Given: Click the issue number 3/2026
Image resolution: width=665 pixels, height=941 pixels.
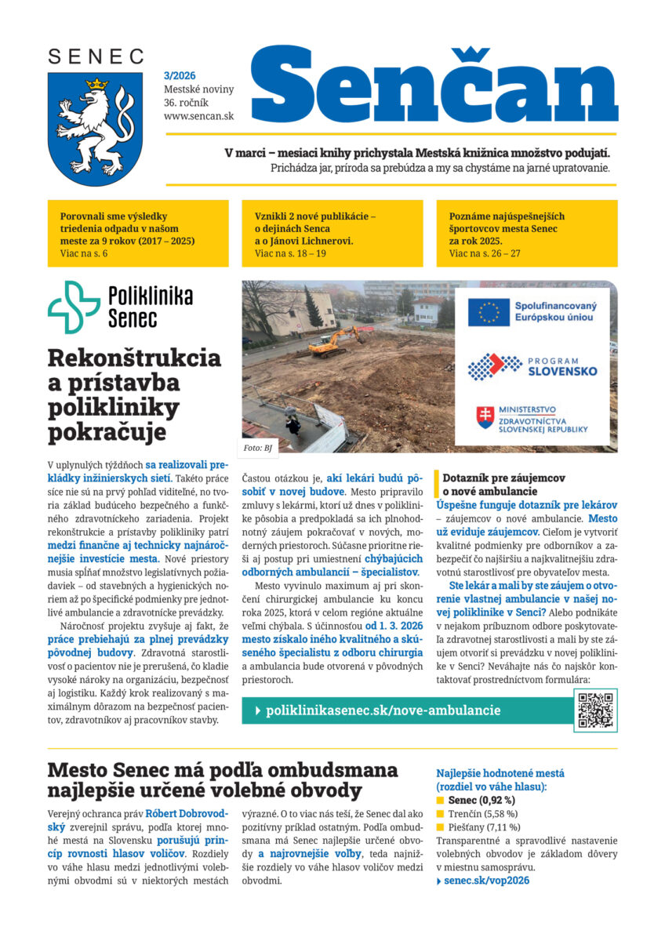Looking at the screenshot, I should pos(180,75).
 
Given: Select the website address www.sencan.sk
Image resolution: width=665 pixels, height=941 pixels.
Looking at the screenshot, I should pos(199,116).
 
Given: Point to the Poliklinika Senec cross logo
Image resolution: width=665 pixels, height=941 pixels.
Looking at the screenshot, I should pos(74,307).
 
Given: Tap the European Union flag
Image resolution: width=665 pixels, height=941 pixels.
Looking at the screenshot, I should pos(487,312).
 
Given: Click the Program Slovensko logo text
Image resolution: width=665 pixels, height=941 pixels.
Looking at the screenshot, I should pos(562,365).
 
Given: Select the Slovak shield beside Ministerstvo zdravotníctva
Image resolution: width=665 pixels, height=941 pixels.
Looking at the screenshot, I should pos(485,417).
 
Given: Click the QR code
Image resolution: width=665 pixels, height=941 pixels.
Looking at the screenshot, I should pos(595,710).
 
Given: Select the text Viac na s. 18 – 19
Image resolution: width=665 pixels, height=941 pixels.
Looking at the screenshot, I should pos(290,253).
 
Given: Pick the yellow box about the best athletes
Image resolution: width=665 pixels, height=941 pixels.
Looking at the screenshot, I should pos(526,234).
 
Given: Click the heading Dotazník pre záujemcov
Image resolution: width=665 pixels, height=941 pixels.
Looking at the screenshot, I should pos(503,478).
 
